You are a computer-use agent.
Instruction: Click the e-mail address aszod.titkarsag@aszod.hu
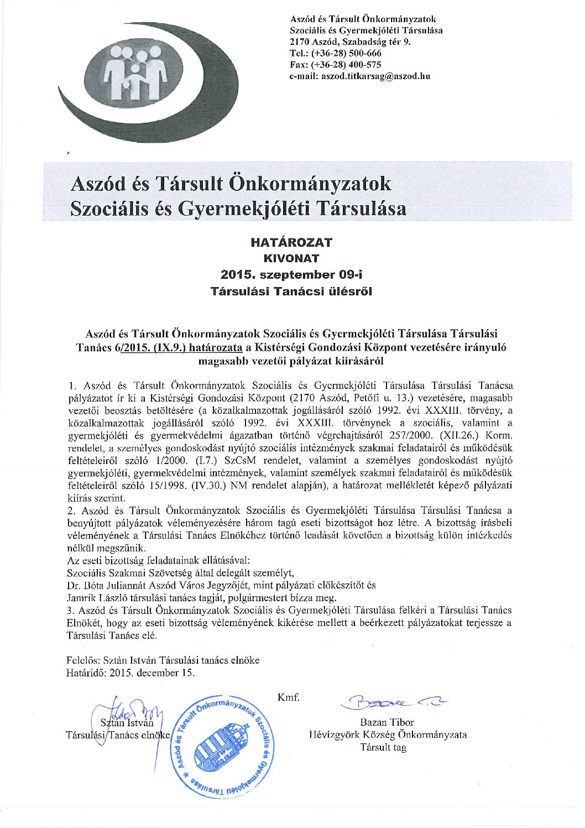376,76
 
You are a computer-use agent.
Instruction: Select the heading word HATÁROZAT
291,242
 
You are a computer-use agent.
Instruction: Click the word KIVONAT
291,258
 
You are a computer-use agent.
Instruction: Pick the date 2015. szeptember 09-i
291,274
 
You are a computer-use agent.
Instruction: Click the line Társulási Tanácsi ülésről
291,291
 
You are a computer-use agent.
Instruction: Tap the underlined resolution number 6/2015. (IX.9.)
153,348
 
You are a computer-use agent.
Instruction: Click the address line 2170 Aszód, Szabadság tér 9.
351,41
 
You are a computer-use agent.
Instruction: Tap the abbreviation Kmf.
288,697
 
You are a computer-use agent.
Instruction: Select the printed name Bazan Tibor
386,722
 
